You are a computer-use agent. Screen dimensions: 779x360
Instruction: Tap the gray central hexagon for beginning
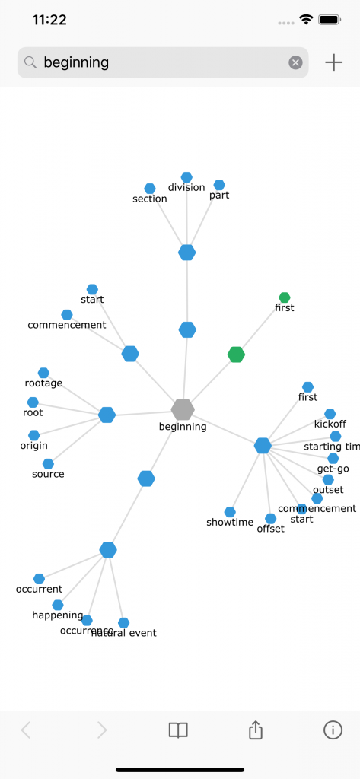183,409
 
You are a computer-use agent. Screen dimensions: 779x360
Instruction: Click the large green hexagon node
237,354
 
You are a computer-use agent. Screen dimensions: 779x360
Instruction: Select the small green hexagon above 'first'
285,297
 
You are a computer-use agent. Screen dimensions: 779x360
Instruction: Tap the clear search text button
295,62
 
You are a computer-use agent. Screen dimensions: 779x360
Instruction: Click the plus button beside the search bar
333,62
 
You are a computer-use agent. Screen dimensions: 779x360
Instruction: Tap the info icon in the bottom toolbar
333,730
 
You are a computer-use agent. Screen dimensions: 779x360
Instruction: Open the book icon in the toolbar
178,730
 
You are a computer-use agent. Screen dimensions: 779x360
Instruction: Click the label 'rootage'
43,383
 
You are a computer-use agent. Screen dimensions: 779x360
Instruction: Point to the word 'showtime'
230,523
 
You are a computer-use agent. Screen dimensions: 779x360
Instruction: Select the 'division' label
186,188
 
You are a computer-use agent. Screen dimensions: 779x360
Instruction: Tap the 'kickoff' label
330,424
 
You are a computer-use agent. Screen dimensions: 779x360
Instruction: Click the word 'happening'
58,615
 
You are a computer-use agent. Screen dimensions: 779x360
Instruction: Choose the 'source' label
48,475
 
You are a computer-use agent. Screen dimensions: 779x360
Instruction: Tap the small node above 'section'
150,188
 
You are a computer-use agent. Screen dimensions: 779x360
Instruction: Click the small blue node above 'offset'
270,518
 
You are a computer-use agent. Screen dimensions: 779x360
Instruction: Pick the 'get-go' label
333,469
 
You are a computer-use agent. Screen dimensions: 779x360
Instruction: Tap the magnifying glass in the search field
30,62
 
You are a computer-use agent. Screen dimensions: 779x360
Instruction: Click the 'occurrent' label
39,590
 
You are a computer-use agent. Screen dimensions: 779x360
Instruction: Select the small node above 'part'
219,185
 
